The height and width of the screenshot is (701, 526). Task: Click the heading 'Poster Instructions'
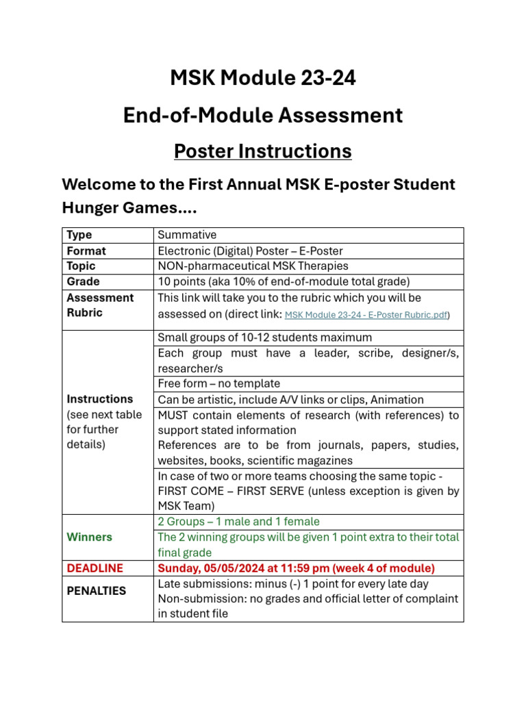pyautogui.click(x=263, y=151)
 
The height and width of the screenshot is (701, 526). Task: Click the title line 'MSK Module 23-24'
pyautogui.click(x=263, y=79)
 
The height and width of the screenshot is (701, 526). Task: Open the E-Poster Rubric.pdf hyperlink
pyautogui.click(x=366, y=315)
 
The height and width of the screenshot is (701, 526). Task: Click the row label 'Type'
pyautogui.click(x=79, y=235)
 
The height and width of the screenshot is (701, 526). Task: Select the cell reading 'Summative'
pyautogui.click(x=187, y=235)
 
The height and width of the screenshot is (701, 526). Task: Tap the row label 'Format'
pyautogui.click(x=86, y=251)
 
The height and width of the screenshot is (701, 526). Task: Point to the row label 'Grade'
pyautogui.click(x=83, y=281)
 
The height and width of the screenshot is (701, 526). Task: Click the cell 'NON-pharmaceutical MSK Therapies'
pyautogui.click(x=253, y=266)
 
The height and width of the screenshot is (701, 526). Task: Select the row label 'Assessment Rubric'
pyautogui.click(x=100, y=305)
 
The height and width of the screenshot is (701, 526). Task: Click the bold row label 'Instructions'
pyautogui.click(x=100, y=398)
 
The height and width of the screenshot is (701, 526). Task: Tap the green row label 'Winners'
pyautogui.click(x=89, y=537)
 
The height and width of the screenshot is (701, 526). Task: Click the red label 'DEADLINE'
pyautogui.click(x=95, y=568)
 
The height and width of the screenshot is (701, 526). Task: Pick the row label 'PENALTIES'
pyautogui.click(x=97, y=590)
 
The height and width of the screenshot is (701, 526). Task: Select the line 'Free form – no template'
pyautogui.click(x=218, y=383)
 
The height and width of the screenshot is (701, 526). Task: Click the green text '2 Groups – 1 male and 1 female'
pyautogui.click(x=238, y=522)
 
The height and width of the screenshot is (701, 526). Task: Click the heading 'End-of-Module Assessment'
pyautogui.click(x=263, y=116)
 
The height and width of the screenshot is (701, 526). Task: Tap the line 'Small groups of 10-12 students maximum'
pyautogui.click(x=265, y=337)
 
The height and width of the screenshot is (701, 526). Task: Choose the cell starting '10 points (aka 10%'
pyautogui.click(x=284, y=281)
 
